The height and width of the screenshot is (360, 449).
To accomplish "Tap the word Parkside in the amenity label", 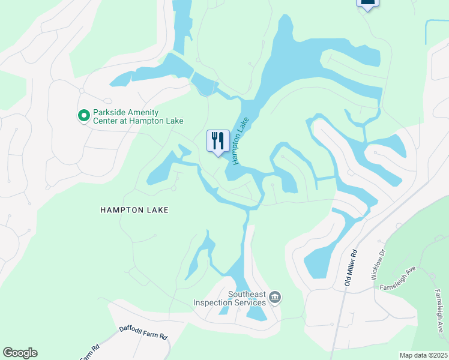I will click(x=109, y=112).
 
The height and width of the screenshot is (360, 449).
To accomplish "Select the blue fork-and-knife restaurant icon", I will click(x=218, y=142).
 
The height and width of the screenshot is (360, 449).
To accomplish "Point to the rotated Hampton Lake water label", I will click(x=240, y=141).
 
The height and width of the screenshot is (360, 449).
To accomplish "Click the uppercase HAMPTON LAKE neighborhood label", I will click(x=134, y=210).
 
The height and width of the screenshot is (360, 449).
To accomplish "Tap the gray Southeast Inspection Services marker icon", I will click(x=275, y=297).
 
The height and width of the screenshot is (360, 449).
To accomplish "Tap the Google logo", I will click(x=20, y=353).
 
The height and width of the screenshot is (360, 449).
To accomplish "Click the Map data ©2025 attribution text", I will click(x=424, y=355).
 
